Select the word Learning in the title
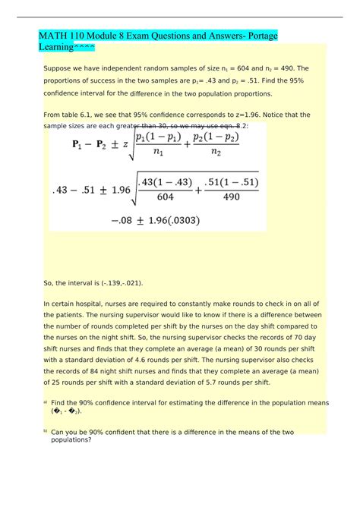(x=56, y=48)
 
